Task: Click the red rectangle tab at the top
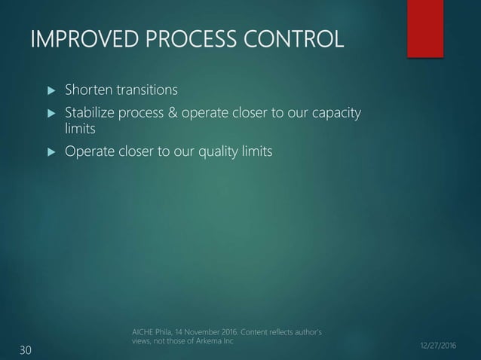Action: (x=424, y=28)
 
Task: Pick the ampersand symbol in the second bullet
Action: (x=172, y=114)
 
